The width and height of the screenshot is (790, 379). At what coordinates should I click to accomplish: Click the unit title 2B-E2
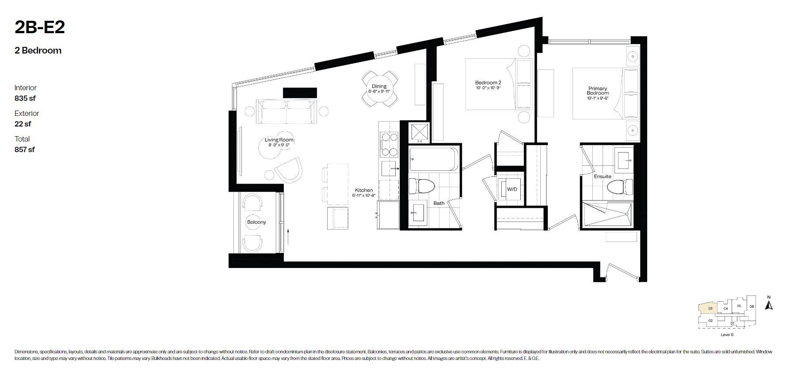(x=40, y=27)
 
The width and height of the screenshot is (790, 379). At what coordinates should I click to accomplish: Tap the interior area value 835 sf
(x=25, y=98)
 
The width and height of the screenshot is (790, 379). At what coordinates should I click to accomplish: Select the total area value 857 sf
(x=25, y=149)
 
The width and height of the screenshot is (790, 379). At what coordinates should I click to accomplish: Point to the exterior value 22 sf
(x=23, y=124)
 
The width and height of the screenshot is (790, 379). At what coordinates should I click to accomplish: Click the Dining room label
(x=379, y=86)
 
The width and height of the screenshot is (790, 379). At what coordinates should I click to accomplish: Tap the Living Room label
(x=279, y=140)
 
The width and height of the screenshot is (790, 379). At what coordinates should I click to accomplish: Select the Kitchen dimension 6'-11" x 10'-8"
(x=363, y=195)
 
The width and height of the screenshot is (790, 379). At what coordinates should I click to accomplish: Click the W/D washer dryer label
(x=512, y=189)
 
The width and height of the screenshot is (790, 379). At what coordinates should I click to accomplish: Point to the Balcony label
(x=256, y=222)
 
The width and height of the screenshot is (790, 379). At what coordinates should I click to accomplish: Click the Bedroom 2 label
(x=488, y=83)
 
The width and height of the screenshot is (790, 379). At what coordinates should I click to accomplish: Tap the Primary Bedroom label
(x=598, y=91)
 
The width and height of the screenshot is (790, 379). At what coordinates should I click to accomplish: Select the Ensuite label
(x=603, y=176)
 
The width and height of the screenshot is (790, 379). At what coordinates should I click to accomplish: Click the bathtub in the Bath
(x=434, y=159)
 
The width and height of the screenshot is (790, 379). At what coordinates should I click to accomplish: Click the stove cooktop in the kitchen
(x=389, y=145)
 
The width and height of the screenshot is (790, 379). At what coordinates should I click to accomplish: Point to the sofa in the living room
(x=286, y=111)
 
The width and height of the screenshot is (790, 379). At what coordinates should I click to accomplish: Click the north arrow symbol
(x=769, y=305)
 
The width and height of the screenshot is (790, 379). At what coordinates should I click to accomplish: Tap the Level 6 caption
(x=727, y=335)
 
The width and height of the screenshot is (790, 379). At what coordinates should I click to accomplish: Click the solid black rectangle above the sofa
(x=300, y=93)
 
